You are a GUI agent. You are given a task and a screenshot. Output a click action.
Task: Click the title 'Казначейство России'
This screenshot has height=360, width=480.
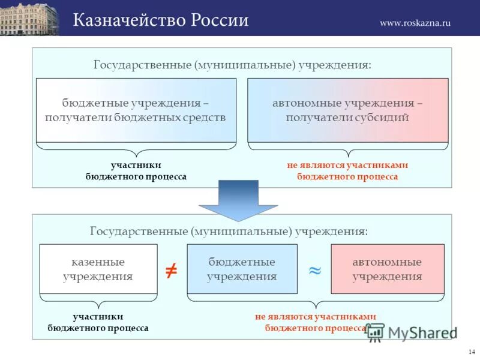161,20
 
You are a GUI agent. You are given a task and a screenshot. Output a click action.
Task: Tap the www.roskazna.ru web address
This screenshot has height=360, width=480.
415,23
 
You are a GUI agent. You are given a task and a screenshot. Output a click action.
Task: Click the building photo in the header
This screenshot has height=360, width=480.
29,18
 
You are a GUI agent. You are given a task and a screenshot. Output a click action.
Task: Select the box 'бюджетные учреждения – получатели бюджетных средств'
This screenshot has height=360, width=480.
136,110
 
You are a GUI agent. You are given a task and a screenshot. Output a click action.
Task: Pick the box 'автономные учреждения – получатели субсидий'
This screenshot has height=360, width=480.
347,110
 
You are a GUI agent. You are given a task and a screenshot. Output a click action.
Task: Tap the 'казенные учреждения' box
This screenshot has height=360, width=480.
98,269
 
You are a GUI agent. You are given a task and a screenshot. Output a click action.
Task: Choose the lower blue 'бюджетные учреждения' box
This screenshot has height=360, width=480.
242,269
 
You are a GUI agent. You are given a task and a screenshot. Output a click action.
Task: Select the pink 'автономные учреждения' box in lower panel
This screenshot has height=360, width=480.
388,269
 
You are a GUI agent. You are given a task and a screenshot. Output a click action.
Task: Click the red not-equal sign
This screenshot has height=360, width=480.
171,271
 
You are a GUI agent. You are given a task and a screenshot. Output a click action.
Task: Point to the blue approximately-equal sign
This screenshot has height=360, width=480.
314,271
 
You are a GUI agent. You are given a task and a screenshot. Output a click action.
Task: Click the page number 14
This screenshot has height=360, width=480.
470,351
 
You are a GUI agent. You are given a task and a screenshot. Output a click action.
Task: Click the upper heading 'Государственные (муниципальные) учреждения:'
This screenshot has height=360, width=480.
232,64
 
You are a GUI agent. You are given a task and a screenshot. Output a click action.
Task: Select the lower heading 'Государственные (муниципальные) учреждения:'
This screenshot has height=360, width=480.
229,230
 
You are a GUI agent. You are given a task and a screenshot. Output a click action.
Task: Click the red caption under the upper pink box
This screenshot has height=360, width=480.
347,171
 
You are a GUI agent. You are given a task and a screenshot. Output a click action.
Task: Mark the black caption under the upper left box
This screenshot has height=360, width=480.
136,171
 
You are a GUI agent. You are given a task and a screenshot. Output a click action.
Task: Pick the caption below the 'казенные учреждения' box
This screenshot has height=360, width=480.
98,322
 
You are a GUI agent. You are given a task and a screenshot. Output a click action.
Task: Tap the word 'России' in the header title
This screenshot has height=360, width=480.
220,20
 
